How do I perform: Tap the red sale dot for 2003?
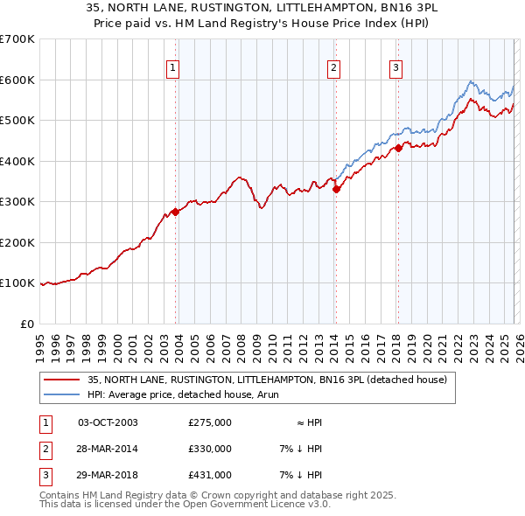pyautogui.click(x=176, y=212)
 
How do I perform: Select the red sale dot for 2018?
pyautogui.click(x=398, y=148)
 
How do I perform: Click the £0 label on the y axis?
pyautogui.click(x=26, y=324)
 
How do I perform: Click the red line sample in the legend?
pyautogui.click(x=62, y=380)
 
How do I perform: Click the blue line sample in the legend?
pyautogui.click(x=62, y=394)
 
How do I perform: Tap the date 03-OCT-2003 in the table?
pyautogui.click(x=108, y=422)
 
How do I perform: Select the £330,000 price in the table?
pyautogui.click(x=210, y=449)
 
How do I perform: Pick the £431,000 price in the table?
pyautogui.click(x=210, y=475)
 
